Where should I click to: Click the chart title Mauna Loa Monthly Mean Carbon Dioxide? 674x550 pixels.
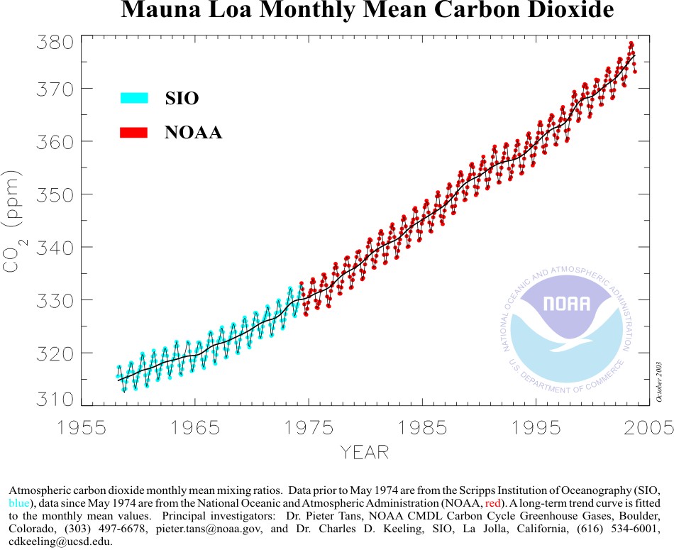[x=368, y=11]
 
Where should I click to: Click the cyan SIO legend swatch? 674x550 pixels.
[x=133, y=98]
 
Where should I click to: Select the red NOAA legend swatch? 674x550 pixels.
[x=133, y=133]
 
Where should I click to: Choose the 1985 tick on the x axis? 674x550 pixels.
[x=422, y=427]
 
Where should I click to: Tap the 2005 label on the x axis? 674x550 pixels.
[x=650, y=427]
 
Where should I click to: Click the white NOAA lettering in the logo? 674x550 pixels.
[x=566, y=304]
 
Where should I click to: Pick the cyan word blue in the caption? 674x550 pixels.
[x=18, y=503]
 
